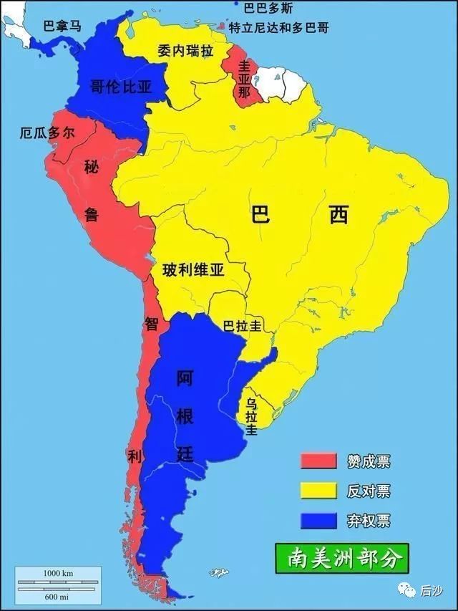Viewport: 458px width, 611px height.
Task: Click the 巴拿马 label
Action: (x=63, y=26)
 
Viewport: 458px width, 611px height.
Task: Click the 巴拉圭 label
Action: (x=241, y=326)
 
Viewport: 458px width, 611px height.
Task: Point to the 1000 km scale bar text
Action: (x=59, y=573)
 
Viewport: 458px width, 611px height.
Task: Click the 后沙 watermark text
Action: (x=429, y=588)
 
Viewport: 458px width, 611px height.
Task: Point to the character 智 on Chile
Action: (x=152, y=323)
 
